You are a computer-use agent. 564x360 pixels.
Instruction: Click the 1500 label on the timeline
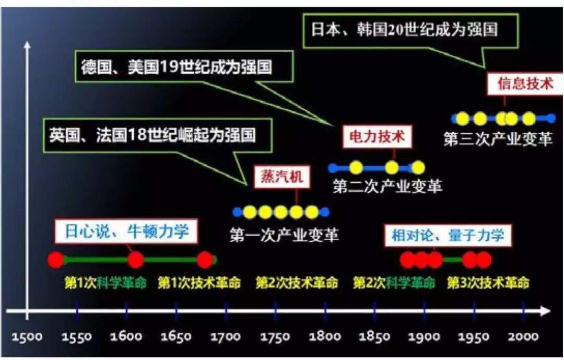pyautogui.click(x=27, y=336)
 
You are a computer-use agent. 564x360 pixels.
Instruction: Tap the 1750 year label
pyautogui.click(x=275, y=336)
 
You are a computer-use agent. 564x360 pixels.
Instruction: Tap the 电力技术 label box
pyautogui.click(x=377, y=137)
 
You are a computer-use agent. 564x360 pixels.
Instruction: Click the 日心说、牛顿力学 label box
pyautogui.click(x=126, y=231)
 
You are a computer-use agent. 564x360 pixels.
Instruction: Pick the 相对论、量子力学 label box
pyautogui.click(x=448, y=236)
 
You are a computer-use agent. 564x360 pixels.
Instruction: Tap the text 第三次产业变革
pyautogui.click(x=497, y=139)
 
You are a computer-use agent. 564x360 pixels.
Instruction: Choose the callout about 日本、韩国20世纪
pyautogui.click(x=404, y=29)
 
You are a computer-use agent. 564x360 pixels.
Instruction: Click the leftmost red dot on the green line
pyautogui.click(x=55, y=260)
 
